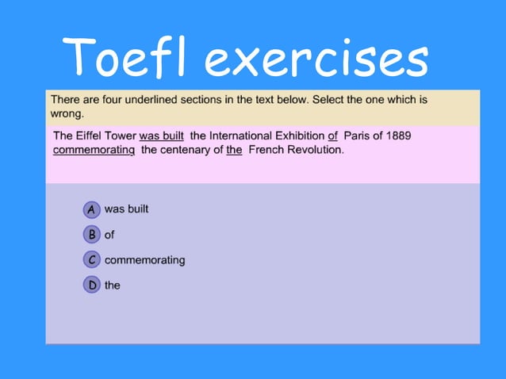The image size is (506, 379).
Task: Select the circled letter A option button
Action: (92, 209)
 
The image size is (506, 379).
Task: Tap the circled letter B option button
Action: (92, 235)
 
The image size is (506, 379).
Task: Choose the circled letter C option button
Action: (92, 259)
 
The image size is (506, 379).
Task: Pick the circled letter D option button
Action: (92, 285)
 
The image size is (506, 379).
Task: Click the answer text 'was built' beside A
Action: (127, 209)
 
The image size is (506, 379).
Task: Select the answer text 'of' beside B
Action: (109, 235)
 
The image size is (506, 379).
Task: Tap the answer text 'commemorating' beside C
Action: (144, 260)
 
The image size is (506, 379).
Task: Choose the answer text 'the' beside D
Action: (113, 285)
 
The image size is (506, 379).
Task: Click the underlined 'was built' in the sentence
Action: (162, 136)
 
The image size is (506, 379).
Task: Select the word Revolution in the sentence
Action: (315, 149)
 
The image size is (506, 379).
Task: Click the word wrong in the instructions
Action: (67, 113)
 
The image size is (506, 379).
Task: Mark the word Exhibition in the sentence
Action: (296, 136)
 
